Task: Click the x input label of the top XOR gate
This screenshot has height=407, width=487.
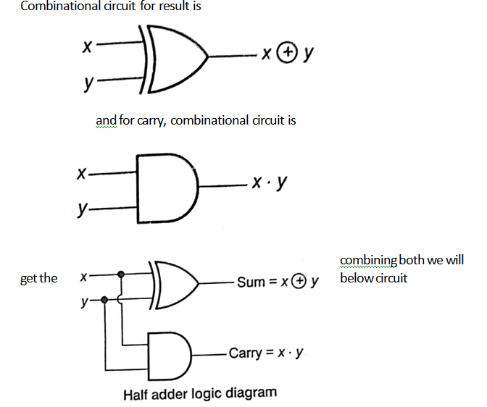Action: pyautogui.click(x=86, y=47)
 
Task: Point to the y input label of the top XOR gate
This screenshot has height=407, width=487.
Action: pyautogui.click(x=87, y=85)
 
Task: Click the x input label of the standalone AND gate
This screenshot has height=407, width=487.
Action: pyautogui.click(x=81, y=174)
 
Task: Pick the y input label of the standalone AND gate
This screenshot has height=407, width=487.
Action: pyautogui.click(x=82, y=209)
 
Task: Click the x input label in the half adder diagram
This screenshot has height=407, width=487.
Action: pyautogui.click(x=83, y=277)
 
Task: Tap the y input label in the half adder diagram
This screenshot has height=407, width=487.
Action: pyautogui.click(x=85, y=302)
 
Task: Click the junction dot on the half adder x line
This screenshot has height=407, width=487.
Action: pyautogui.click(x=120, y=275)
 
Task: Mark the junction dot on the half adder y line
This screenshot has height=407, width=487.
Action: pyautogui.click(x=106, y=299)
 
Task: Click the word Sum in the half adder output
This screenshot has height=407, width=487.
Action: pyautogui.click(x=251, y=282)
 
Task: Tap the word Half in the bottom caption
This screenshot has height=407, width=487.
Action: pyautogui.click(x=137, y=394)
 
